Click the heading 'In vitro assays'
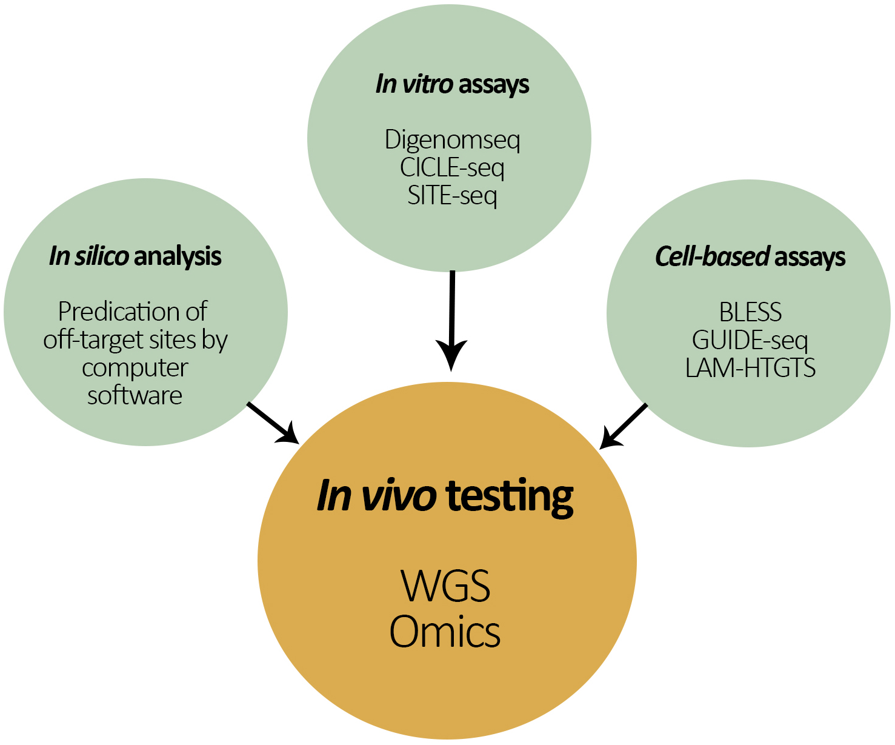(452, 84)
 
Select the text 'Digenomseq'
(452, 140)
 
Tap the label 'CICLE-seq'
(452, 168)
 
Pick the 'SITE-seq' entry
(452, 196)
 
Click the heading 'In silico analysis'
(135, 256)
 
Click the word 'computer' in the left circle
(135, 367)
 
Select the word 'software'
(135, 395)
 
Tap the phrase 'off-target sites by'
(135, 339)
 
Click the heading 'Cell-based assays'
(750, 257)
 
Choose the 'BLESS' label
(750, 312)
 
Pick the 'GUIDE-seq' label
(750, 340)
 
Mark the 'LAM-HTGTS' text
(750, 368)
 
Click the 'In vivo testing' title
(445, 496)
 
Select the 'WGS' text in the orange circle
(445, 586)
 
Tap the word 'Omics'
(445, 632)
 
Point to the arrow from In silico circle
(273, 423)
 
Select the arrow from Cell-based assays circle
(624, 426)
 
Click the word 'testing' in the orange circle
(510, 497)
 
